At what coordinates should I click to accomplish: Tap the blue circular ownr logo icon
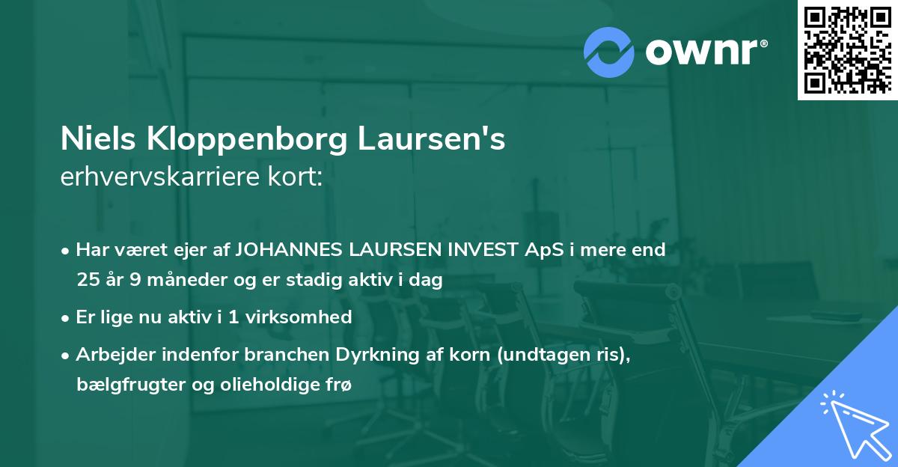(x=609, y=51)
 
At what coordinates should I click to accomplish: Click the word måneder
(x=173, y=280)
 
